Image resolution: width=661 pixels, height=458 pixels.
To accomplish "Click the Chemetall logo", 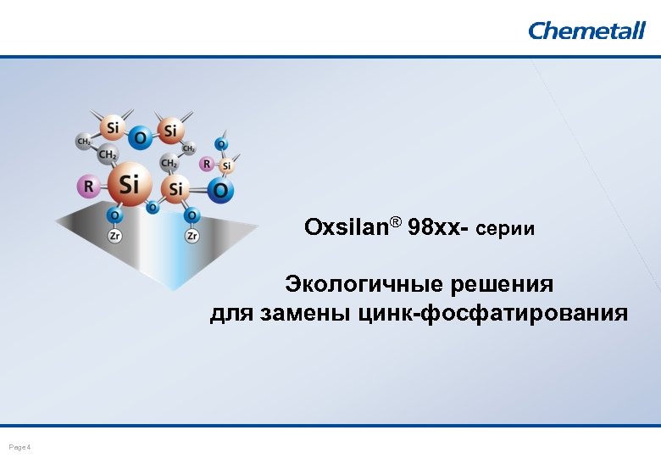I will (x=586, y=31).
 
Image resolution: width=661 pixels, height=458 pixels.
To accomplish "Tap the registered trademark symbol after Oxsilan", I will (x=395, y=224).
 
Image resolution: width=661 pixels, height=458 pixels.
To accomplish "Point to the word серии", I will (x=506, y=229).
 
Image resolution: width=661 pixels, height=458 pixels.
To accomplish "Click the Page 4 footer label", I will (x=19, y=447).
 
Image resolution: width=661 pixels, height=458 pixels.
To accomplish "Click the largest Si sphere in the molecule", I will (x=129, y=182).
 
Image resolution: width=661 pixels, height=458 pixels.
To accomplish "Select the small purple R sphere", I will (x=206, y=164).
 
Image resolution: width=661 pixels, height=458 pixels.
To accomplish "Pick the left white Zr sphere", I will (x=114, y=236).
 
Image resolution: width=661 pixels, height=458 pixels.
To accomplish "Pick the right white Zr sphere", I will (x=192, y=236).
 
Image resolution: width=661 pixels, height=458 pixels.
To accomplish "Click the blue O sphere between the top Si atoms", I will (x=141, y=137).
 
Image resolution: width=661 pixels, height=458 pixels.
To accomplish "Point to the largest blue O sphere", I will (x=220, y=190).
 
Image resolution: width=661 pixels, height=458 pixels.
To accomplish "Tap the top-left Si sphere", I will (x=112, y=127).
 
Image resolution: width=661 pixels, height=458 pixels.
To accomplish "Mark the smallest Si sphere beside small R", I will (x=226, y=166).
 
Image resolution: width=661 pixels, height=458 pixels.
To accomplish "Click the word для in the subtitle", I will (x=228, y=314).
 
